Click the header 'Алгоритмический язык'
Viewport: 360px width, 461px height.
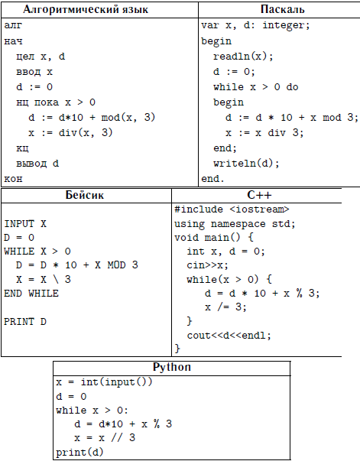tap(86, 10)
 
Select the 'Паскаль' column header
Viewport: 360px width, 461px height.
tap(282, 9)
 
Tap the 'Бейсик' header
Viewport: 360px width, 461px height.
tap(85, 195)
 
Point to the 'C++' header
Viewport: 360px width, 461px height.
tap(259, 195)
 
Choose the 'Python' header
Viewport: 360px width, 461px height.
tap(172, 367)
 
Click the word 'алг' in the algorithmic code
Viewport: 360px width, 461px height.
tap(13, 25)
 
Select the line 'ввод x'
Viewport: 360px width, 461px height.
tap(34, 72)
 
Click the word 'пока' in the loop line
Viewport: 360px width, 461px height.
tap(47, 102)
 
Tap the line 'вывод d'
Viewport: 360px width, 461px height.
tap(37, 164)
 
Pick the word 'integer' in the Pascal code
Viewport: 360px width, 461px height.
tap(283, 25)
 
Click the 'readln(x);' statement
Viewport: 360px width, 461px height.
tap(243, 56)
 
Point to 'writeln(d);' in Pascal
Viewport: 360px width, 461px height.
tap(246, 163)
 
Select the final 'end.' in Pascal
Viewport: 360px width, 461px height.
tap(212, 178)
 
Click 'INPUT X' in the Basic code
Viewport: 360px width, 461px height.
tap(25, 224)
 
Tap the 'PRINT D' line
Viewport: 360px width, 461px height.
tap(25, 322)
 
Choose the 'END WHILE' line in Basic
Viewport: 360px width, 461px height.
tap(31, 294)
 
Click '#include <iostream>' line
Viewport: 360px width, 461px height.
tap(232, 209)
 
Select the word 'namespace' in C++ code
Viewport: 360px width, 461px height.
tap(238, 224)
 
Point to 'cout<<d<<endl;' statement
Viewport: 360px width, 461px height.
tap(229, 336)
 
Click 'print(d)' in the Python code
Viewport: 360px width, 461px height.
tap(79, 452)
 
